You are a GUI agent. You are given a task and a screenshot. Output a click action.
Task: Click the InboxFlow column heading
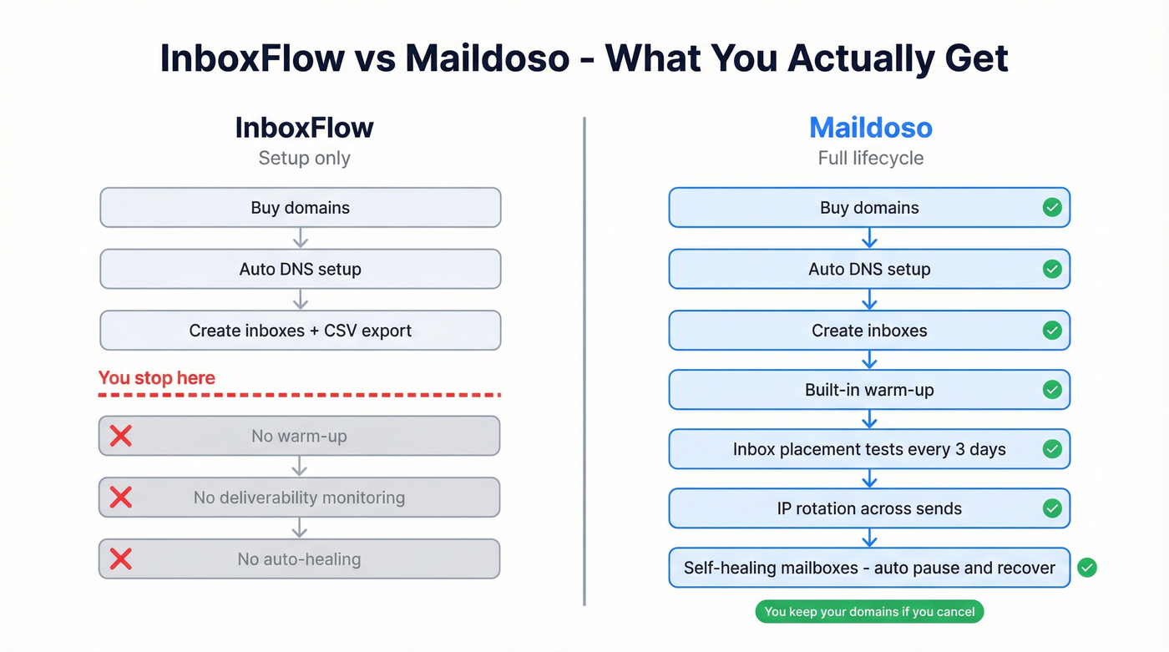[304, 128]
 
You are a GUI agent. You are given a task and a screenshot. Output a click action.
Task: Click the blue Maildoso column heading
[870, 128]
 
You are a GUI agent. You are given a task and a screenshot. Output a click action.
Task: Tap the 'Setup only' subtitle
[304, 159]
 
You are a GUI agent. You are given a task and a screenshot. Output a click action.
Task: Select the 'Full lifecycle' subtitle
[870, 159]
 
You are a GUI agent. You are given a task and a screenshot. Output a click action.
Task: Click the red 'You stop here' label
[157, 378]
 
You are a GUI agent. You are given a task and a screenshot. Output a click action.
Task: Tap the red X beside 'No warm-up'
[121, 436]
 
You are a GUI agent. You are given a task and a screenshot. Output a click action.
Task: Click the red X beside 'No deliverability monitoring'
[121, 498]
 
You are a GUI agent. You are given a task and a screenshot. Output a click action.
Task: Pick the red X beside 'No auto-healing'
[121, 559]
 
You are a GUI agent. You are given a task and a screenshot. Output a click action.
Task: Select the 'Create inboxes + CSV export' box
[300, 331]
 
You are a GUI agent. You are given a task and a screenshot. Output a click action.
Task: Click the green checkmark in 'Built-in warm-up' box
[1052, 390]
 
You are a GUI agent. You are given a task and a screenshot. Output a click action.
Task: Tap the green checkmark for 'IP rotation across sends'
[1052, 508]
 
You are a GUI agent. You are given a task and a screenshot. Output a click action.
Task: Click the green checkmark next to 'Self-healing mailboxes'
[1086, 569]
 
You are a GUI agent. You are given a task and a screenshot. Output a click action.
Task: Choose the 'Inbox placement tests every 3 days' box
[869, 449]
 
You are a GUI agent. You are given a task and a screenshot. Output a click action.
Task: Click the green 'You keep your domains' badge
[869, 612]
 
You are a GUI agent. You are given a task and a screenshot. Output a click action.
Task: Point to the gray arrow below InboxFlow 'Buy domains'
[301, 239]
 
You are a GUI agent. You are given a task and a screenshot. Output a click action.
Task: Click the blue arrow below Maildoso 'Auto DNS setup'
[869, 300]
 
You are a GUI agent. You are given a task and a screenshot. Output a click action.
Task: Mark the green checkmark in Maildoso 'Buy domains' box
[1052, 208]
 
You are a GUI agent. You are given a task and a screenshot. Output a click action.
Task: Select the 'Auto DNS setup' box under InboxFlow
[300, 269]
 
